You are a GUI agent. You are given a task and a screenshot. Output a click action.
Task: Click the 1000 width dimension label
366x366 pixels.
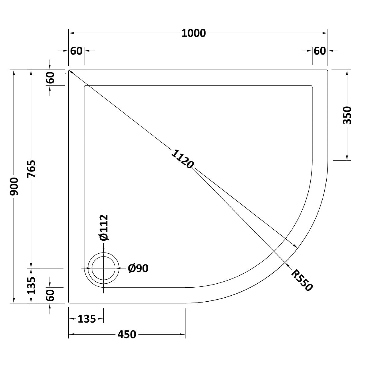(x=194, y=33)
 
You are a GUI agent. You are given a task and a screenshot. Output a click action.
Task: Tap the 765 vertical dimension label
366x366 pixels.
(x=31, y=169)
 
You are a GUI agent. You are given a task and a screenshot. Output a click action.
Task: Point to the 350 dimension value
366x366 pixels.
(x=347, y=115)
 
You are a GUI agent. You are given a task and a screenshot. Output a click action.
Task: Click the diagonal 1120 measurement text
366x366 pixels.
(x=182, y=159)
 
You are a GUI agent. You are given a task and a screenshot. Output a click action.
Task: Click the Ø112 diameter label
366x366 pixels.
(x=104, y=228)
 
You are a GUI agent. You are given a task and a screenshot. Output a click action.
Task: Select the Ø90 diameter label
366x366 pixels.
(x=138, y=268)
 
